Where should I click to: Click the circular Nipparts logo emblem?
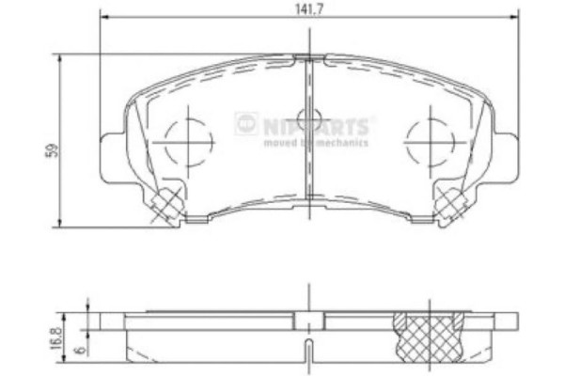245,122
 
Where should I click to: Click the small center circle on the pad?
308,119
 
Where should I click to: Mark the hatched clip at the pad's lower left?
170,200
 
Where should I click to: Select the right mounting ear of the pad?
509,150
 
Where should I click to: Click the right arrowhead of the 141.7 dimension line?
514,17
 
